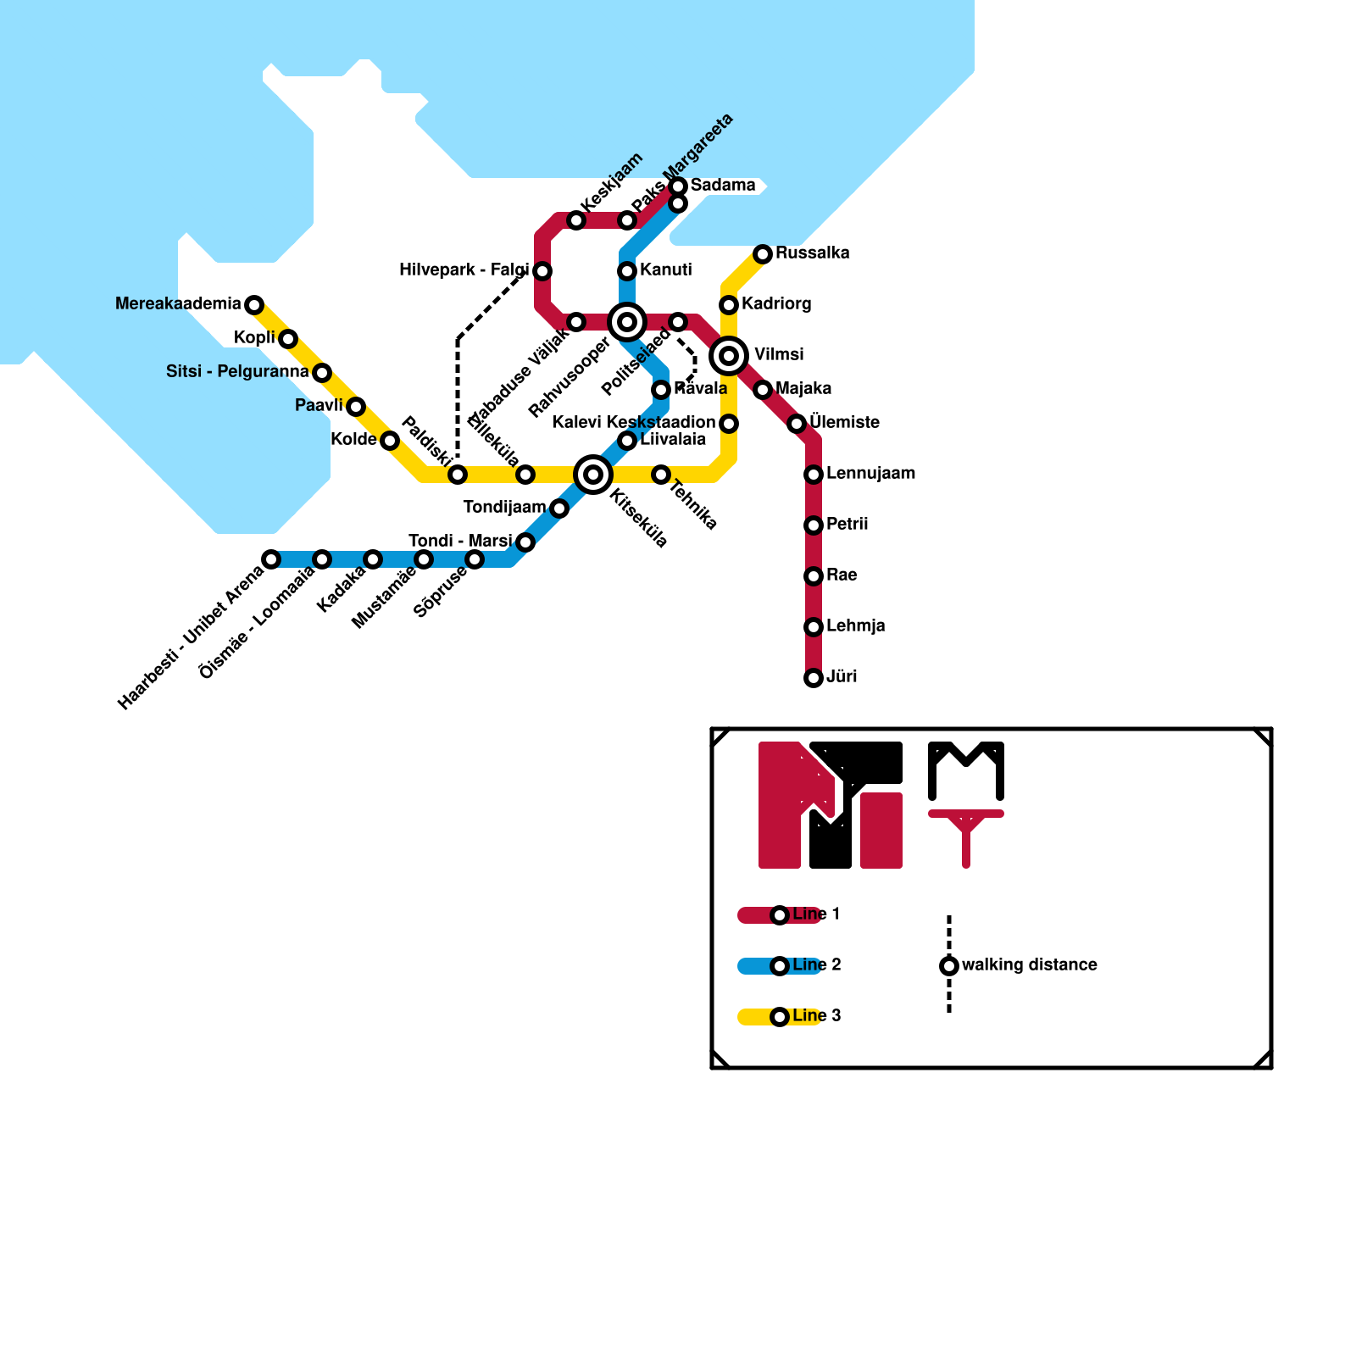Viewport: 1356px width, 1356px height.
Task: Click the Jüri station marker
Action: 814,678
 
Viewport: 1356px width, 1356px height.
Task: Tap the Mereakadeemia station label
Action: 178,304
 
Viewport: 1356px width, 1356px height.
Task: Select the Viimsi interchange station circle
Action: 729,356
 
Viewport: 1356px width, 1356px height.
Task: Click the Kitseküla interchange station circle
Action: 593,475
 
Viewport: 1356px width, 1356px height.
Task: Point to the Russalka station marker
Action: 763,254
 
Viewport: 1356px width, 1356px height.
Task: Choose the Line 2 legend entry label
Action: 816,965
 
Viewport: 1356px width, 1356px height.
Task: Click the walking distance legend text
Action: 1030,965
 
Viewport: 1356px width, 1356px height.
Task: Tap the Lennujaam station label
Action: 870,474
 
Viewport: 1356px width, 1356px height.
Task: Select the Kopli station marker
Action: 288,339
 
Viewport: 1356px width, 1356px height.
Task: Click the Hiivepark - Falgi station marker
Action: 542,271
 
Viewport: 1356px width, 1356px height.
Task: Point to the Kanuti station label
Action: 665,270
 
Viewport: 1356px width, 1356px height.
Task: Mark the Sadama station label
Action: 722,186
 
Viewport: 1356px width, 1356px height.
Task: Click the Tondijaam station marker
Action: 559,508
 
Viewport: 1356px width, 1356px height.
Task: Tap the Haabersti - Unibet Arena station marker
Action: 271,559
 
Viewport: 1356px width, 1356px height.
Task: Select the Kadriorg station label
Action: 776,304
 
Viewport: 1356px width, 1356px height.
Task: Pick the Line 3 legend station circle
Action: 780,1017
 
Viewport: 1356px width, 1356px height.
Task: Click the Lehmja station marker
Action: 814,627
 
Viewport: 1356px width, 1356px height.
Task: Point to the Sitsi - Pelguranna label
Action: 237,372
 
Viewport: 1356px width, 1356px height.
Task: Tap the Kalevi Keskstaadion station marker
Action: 729,424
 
